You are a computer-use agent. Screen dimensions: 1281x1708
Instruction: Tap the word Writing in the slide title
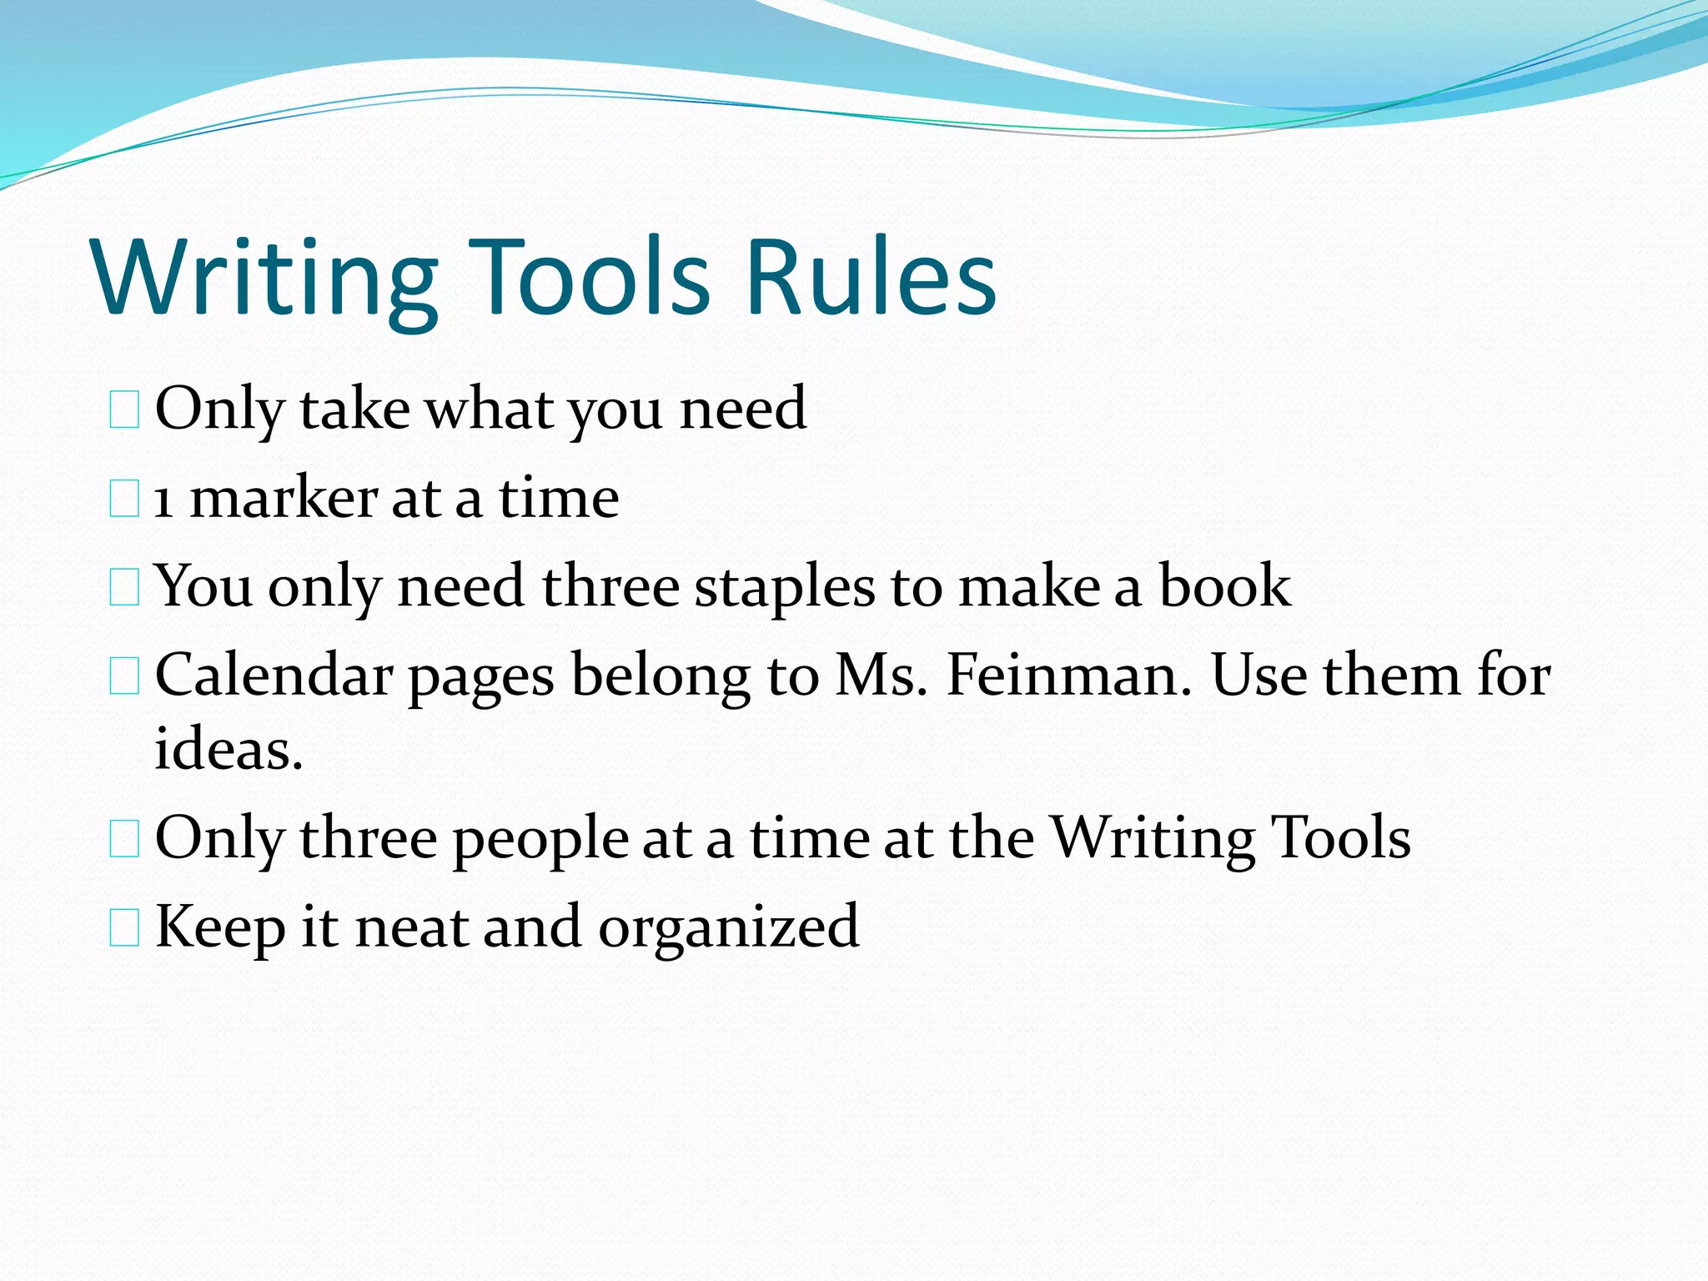click(265, 277)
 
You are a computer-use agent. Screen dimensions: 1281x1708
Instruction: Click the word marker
click(283, 500)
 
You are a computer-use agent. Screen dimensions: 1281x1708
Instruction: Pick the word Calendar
click(274, 675)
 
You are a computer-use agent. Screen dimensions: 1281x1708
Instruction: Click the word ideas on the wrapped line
click(228, 748)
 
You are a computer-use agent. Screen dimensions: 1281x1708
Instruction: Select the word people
click(540, 839)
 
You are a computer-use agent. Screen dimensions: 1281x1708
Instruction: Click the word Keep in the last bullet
click(220, 927)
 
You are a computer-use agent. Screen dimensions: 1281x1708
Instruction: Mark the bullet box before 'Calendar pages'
click(124, 676)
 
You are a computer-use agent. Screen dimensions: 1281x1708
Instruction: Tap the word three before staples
click(610, 586)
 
